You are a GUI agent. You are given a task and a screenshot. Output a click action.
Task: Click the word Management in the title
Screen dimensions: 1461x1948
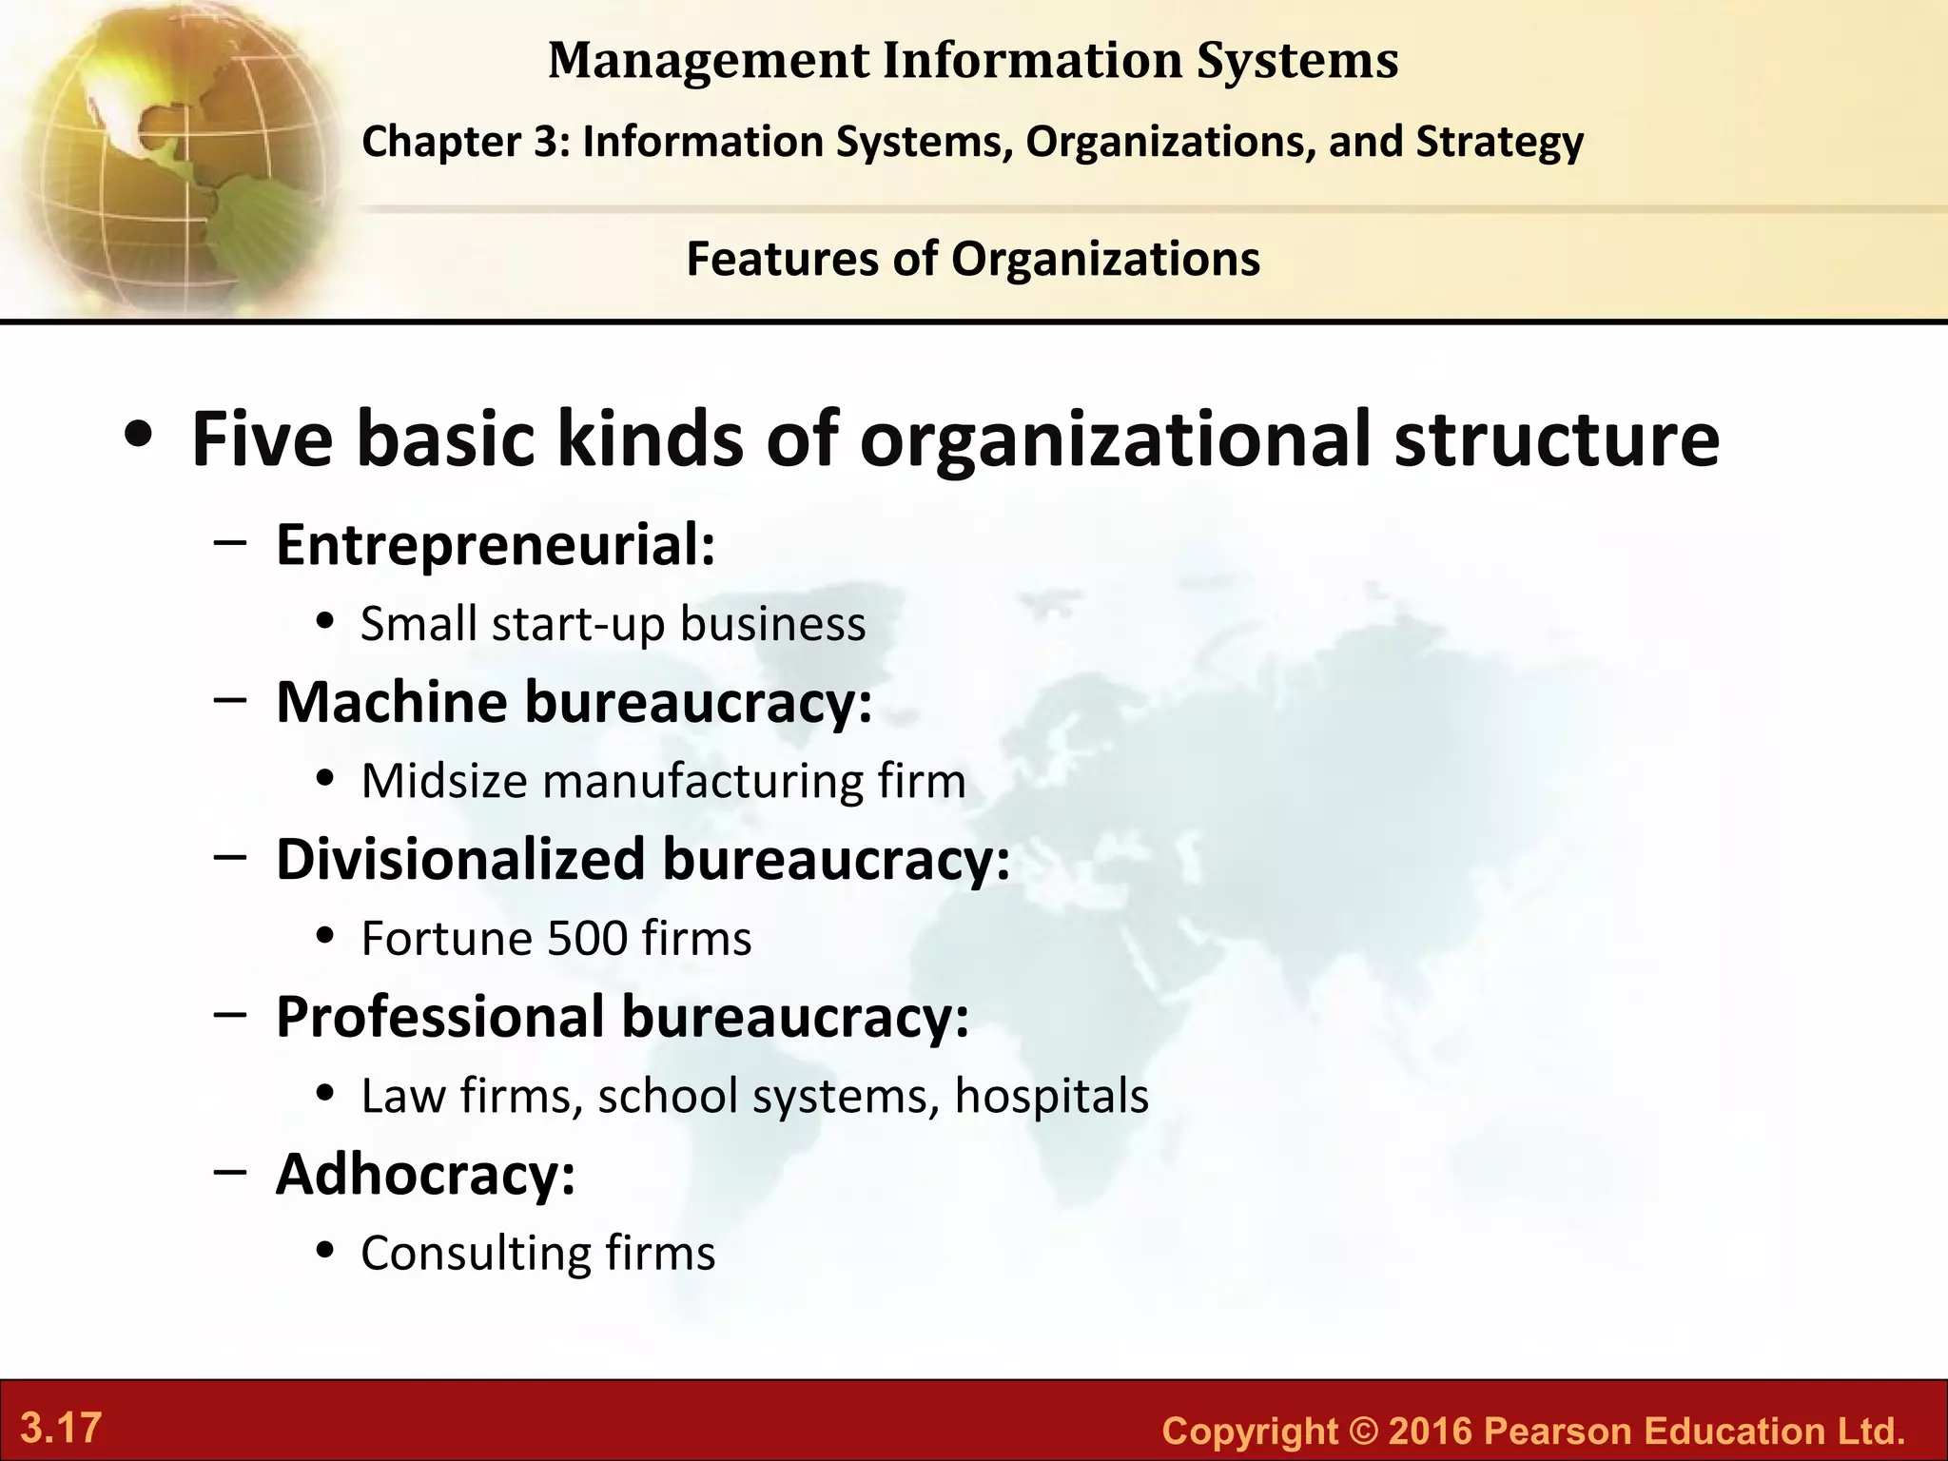[x=709, y=61]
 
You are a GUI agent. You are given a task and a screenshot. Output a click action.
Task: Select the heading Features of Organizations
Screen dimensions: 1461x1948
[x=973, y=259]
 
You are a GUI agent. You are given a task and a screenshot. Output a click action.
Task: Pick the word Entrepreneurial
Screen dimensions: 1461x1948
[x=495, y=545]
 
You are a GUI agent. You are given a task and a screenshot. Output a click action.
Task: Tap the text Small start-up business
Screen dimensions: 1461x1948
[x=613, y=625]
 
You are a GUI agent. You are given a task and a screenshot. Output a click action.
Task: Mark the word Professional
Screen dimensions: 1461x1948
[x=439, y=1017]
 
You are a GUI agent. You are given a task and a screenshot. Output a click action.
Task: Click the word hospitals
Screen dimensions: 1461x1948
[x=1051, y=1096]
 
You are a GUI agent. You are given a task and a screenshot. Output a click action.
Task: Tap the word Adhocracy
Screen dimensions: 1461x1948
[x=425, y=1174]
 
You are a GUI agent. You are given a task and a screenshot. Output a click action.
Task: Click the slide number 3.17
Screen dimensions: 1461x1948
[x=61, y=1428]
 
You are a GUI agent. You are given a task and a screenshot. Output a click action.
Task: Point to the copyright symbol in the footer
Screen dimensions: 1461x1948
[x=1364, y=1431]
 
